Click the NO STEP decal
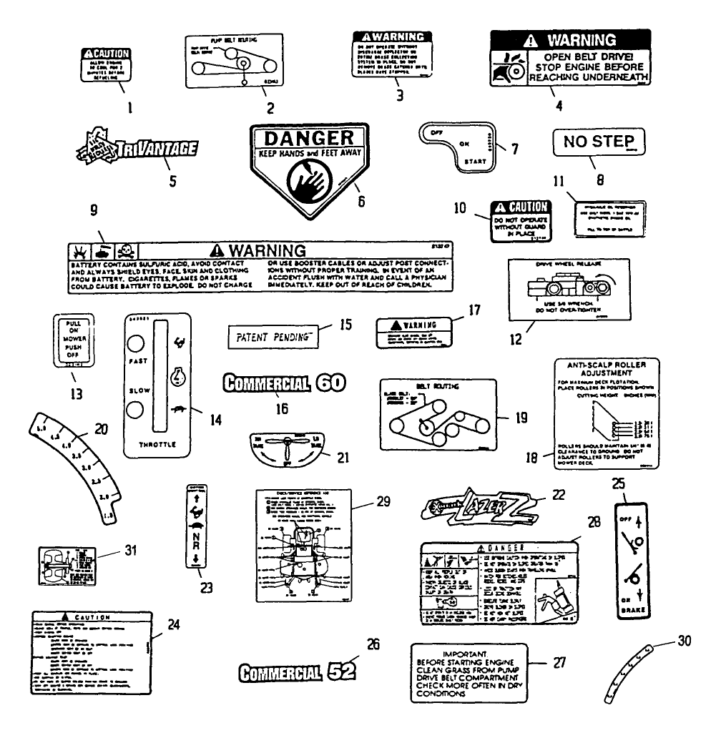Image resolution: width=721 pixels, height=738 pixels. [x=599, y=142]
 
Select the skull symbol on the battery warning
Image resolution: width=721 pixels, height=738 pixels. [x=123, y=251]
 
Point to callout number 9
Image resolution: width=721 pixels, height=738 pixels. [x=94, y=212]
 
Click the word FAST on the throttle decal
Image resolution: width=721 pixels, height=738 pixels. [x=138, y=362]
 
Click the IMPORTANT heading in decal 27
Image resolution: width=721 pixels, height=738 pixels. [x=466, y=654]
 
